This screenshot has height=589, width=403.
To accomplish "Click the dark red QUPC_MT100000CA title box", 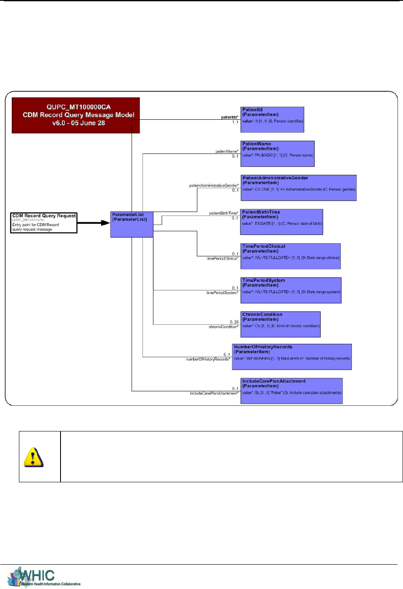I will [x=76, y=115].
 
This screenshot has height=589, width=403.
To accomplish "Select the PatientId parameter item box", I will [x=272, y=120].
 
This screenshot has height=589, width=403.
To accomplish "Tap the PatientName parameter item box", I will [x=277, y=154].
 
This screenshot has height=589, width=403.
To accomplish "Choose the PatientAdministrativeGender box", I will [x=298, y=188].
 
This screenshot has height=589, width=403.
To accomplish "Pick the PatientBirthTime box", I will [x=282, y=222].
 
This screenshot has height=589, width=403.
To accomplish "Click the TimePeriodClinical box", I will [x=290, y=256].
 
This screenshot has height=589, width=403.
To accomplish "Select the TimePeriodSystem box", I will [x=291, y=290].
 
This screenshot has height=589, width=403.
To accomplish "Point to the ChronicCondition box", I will [x=280, y=324].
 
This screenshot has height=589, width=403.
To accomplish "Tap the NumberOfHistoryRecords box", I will [x=292, y=357].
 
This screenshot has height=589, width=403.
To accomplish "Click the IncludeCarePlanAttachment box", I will [x=291, y=391].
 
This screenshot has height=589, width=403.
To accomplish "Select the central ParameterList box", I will [x=132, y=224].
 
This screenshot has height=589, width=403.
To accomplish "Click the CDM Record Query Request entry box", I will [x=44, y=222].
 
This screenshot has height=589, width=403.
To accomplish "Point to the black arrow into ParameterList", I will [x=94, y=223].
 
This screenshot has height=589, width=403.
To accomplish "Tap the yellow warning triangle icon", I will [x=34, y=457].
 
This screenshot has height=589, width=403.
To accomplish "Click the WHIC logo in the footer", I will [x=44, y=577].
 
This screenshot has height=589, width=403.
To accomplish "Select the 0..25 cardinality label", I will [x=234, y=322].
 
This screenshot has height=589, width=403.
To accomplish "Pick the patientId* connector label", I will [x=230, y=117].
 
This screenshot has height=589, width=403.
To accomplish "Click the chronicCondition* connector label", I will [x=224, y=327].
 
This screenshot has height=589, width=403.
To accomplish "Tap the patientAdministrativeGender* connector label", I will [x=213, y=185].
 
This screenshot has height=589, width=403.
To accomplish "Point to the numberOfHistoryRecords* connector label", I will [x=208, y=359].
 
